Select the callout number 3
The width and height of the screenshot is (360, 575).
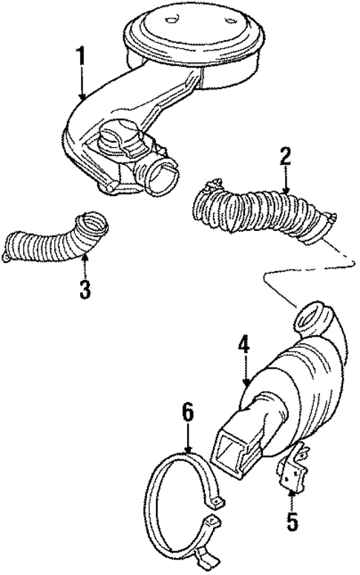(85, 287)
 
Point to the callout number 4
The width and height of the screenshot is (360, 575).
(243, 347)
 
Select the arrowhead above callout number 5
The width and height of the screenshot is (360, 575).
(292, 490)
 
